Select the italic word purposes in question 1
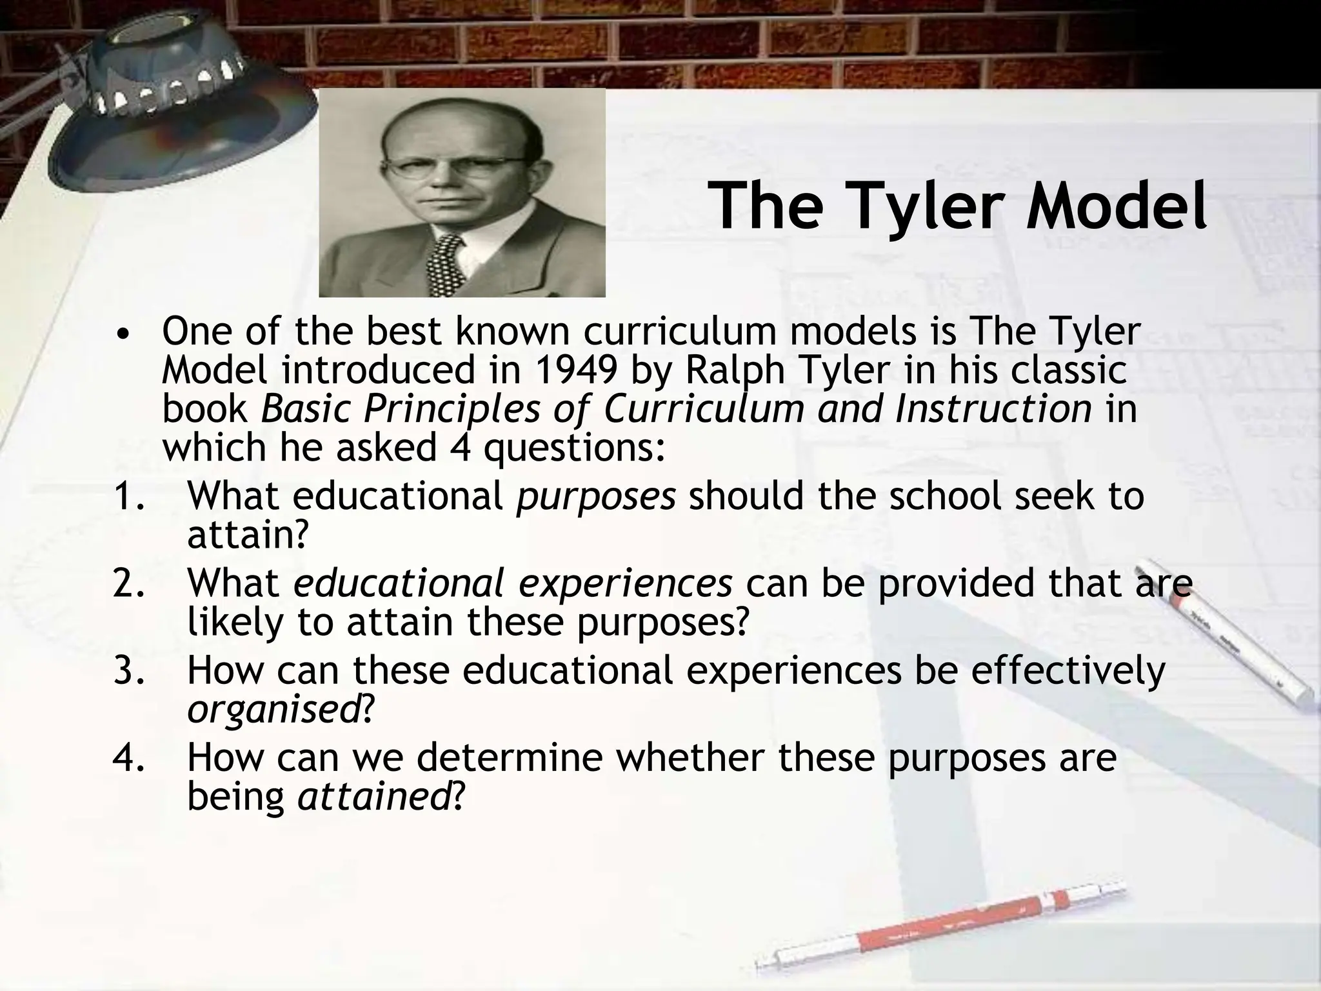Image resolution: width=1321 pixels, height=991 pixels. [595, 497]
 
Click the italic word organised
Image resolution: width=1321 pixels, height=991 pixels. [273, 709]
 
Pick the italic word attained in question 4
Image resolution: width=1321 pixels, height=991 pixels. [373, 797]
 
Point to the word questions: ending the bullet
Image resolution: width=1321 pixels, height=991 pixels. [574, 449]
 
